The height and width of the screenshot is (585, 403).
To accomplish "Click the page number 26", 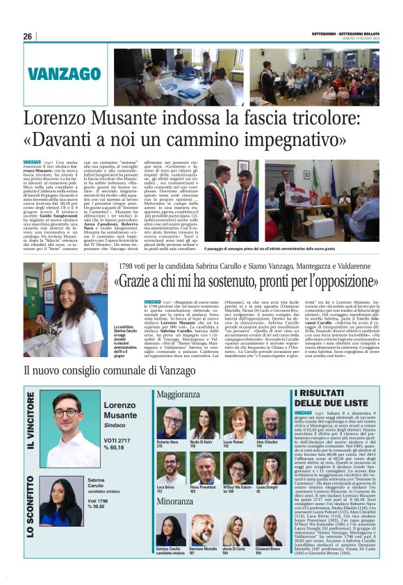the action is click(x=28, y=37).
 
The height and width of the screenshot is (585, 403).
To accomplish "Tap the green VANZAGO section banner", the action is click(x=65, y=74).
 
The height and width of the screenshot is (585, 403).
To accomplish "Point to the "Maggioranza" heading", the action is click(x=179, y=395).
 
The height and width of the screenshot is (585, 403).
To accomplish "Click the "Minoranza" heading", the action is click(x=175, y=500).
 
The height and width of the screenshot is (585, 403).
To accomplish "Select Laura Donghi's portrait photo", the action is click(x=270, y=467).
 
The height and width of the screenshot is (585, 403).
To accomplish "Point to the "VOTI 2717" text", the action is click(x=117, y=440).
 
